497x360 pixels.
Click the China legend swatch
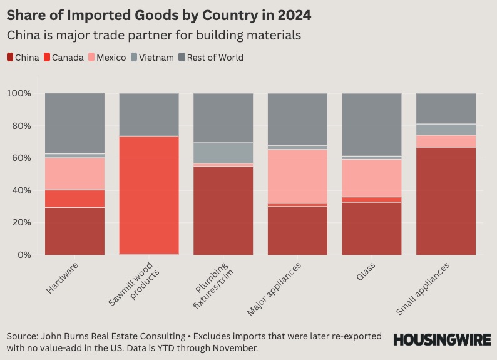click(x=11, y=58)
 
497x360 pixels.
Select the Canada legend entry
click(x=64, y=58)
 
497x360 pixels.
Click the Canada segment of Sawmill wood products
click(x=149, y=195)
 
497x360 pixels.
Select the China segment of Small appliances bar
click(x=446, y=201)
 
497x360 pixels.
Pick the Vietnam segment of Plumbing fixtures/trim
click(x=223, y=153)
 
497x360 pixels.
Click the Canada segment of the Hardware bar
click(x=74, y=198)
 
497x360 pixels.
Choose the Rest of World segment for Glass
click(x=372, y=125)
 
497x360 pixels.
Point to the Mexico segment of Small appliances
click(x=446, y=141)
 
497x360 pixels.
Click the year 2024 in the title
click(x=290, y=14)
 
